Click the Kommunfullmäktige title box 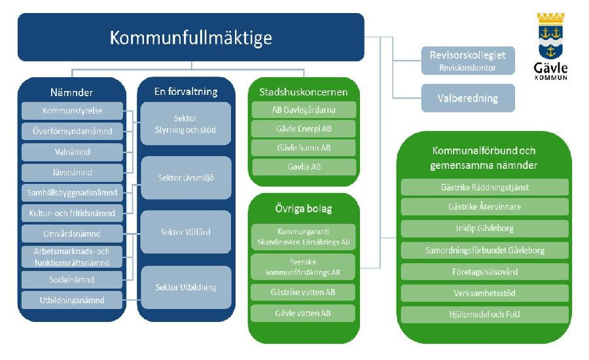190,37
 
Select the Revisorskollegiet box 467,60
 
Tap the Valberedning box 467,98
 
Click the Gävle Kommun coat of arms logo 551,46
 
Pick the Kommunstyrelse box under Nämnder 72,111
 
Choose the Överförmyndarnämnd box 72,131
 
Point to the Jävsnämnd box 72,172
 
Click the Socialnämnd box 72,279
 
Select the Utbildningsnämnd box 72,300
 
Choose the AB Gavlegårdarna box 304,109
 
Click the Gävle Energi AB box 304,128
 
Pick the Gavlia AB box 304,167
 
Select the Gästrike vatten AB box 304,292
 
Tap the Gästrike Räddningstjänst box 484,187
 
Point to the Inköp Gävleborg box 484,228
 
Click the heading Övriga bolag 304,209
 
